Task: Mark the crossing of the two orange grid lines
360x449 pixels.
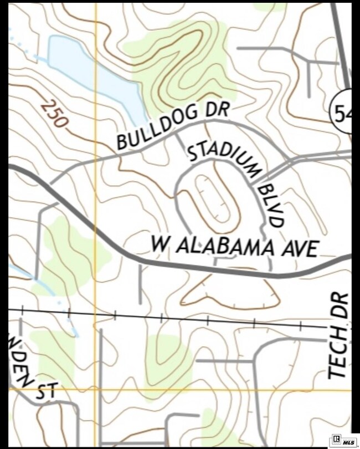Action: [95, 390]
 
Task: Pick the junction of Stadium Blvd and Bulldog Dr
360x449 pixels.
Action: [176, 134]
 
